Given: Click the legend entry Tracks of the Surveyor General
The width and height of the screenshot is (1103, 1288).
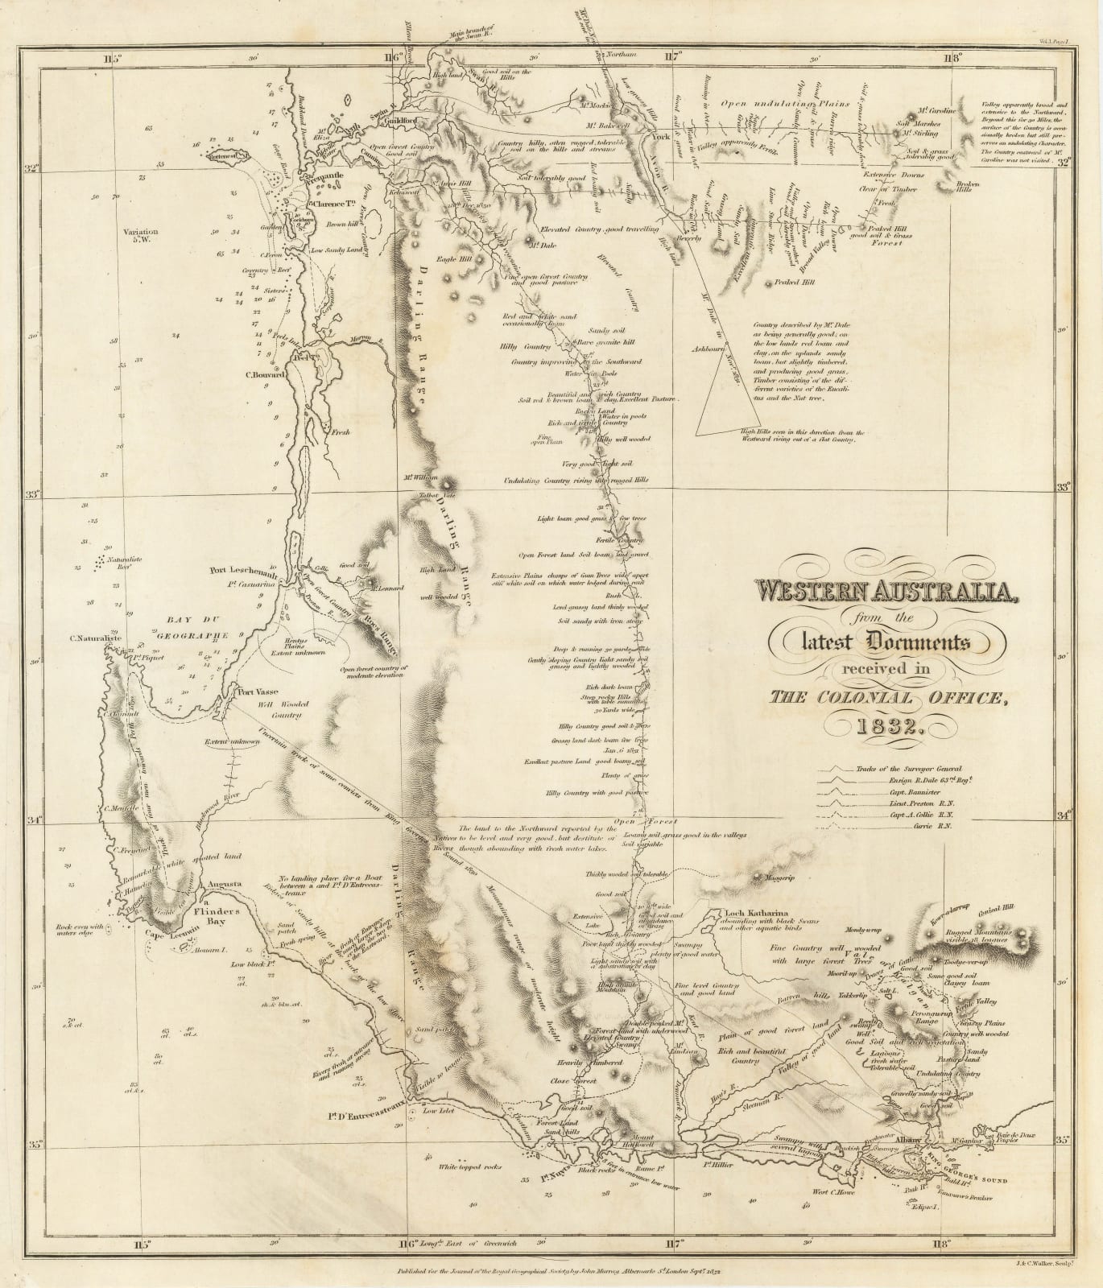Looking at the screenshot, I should click(x=909, y=769).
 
